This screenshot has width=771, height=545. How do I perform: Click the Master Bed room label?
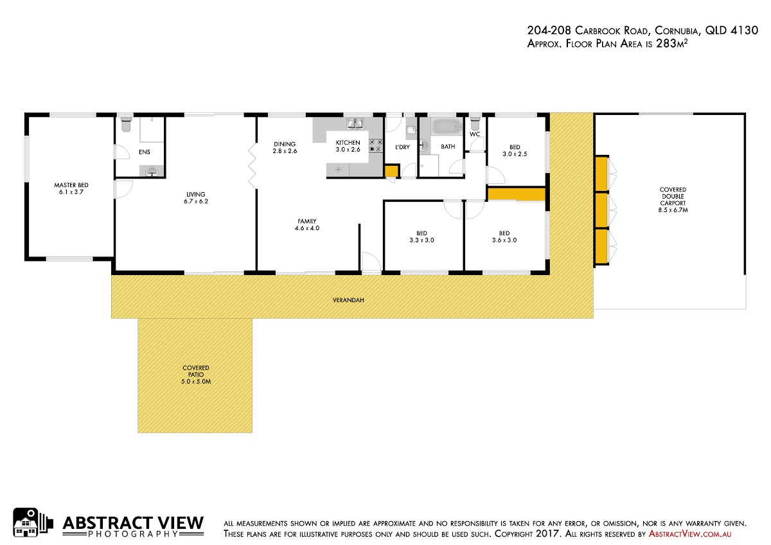tap(71, 188)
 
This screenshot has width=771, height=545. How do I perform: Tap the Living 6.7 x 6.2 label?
tap(196, 197)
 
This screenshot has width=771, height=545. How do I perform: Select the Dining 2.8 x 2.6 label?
tap(285, 147)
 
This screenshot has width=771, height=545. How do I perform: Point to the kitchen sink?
tap(355, 123)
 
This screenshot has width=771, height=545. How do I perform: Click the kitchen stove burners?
tap(376, 145)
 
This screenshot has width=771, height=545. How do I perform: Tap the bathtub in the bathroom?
tap(447, 127)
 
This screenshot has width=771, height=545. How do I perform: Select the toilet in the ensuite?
tap(127, 123)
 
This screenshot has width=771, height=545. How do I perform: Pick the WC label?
tap(475, 134)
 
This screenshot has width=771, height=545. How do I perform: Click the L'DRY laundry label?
tap(402, 147)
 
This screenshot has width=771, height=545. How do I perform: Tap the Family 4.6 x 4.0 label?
tap(307, 224)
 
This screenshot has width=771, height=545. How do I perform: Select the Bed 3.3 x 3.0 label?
tap(421, 237)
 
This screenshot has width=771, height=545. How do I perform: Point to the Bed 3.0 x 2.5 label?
tap(515, 150)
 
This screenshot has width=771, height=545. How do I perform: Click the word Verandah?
tap(348, 300)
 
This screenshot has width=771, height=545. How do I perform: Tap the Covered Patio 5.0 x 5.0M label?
tap(196, 375)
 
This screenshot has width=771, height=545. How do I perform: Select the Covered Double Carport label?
tap(673, 200)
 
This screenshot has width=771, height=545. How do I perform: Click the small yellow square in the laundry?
tap(391, 171)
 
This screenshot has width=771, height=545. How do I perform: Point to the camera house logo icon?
tap(33, 523)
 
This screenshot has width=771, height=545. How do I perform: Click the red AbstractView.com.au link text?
tap(690, 534)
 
